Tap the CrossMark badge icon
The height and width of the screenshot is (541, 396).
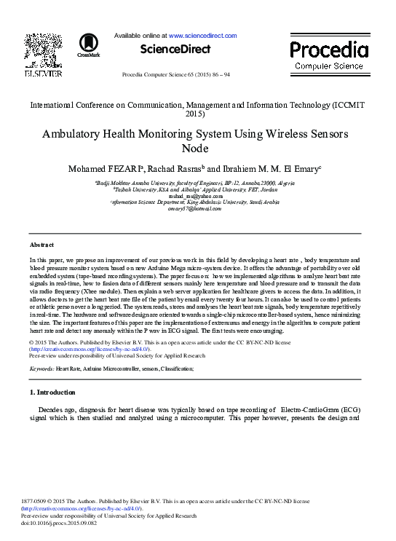tap(88, 44)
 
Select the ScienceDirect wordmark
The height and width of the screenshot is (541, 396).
tap(175, 50)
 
